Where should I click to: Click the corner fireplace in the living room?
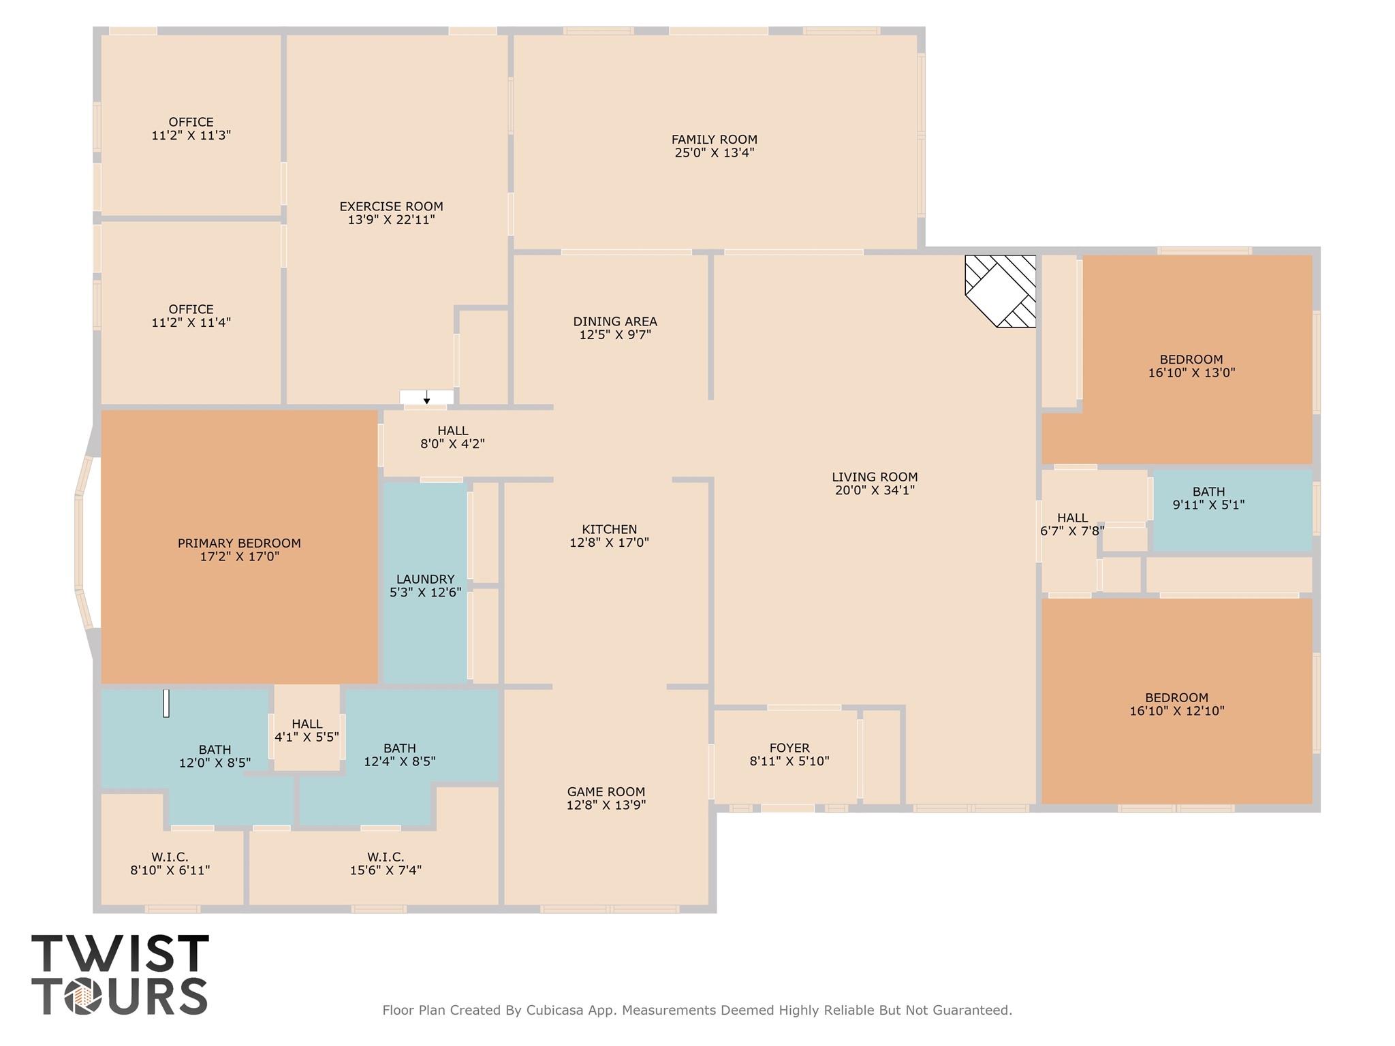[1000, 291]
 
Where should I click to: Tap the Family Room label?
[714, 140]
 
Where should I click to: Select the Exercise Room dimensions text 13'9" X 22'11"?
[391, 219]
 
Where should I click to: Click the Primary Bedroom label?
[239, 543]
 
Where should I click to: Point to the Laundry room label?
[425, 580]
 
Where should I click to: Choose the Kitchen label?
[610, 529]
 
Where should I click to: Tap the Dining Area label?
[615, 321]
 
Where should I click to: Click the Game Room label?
[606, 792]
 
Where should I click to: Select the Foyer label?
[789, 748]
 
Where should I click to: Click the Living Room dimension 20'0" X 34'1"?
[875, 490]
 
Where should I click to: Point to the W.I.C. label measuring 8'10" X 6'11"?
[170, 857]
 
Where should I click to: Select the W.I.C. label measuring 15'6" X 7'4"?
[386, 857]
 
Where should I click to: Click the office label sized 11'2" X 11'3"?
[191, 123]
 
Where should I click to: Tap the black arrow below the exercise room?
[427, 397]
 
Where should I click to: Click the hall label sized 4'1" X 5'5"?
[307, 724]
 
